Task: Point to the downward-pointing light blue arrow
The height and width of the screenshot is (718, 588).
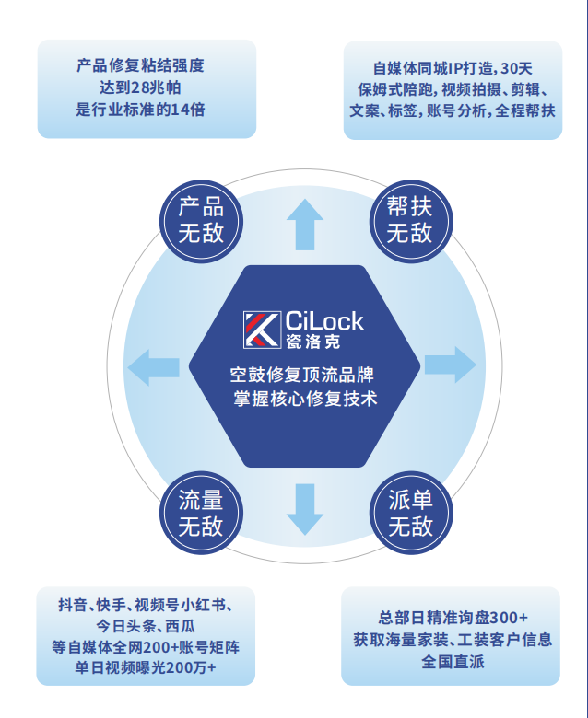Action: point(304,509)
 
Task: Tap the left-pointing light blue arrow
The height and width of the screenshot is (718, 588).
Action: point(152,367)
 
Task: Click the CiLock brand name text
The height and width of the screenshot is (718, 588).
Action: point(324,321)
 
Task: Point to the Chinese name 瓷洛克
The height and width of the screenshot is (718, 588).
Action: point(312,342)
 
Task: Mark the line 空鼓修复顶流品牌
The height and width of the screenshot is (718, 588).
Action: point(304,376)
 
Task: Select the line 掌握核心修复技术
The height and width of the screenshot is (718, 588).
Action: point(305,400)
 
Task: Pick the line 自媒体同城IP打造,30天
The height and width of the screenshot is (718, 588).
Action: point(453,67)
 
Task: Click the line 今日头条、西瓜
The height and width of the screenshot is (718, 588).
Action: point(147,626)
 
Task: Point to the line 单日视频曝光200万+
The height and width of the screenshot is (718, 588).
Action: point(147,669)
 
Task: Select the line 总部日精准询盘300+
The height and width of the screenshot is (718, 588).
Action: point(453,617)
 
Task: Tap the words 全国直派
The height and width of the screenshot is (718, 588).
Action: point(453,662)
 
